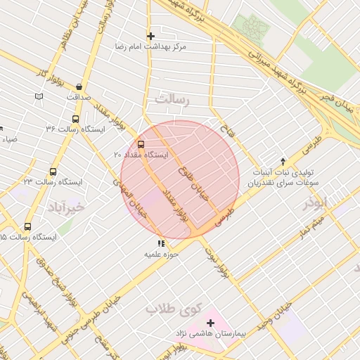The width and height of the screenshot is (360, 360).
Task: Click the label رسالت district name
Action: click(x=173, y=101)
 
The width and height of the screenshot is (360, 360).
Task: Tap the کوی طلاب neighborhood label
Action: click(x=173, y=308)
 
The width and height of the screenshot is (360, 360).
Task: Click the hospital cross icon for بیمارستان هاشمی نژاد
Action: click(x=210, y=323)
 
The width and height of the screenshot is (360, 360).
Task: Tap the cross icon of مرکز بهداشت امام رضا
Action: click(x=150, y=36)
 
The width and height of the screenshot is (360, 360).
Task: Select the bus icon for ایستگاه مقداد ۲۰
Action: click(x=141, y=145)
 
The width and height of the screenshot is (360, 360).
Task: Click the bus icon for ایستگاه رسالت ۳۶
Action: click(x=75, y=119)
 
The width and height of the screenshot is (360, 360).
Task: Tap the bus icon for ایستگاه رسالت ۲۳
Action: click(x=53, y=172)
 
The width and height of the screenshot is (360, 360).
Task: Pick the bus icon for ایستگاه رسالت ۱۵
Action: click(x=27, y=226)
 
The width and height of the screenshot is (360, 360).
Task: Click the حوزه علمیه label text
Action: click(x=159, y=253)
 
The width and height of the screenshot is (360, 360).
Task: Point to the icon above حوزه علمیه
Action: click(x=161, y=243)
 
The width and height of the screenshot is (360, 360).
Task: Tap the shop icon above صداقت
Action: click(x=79, y=87)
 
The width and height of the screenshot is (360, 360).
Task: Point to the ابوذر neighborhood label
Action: click(x=316, y=203)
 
